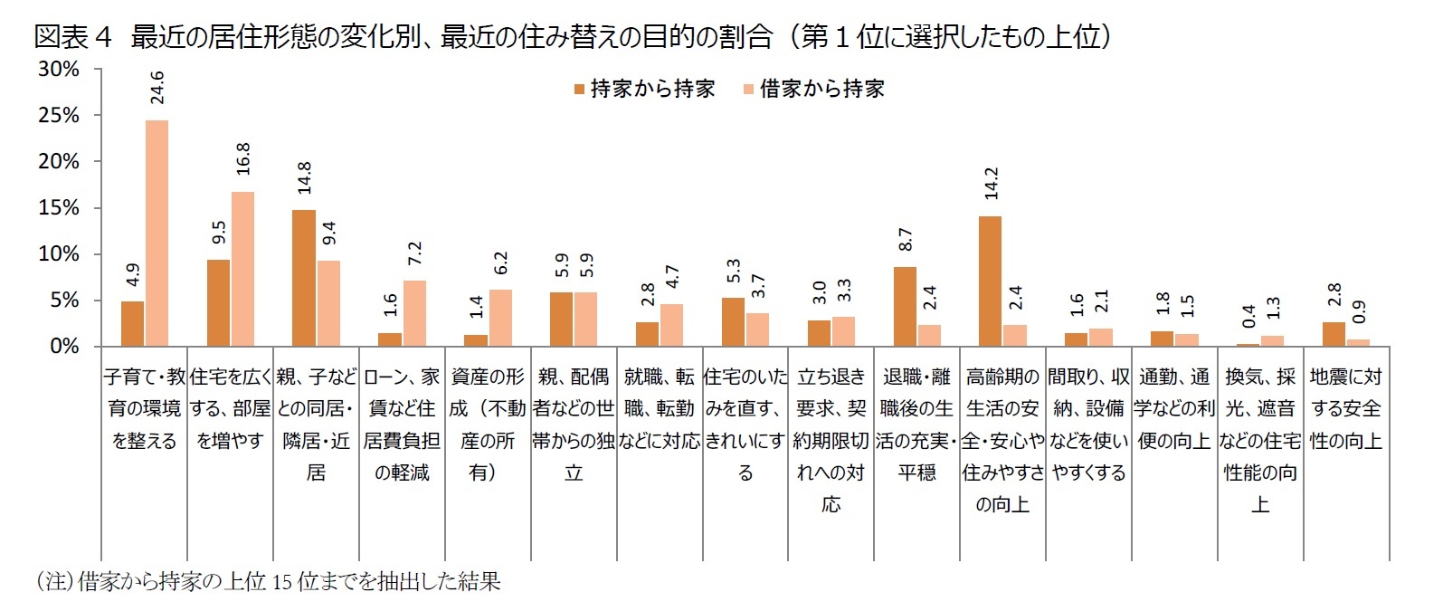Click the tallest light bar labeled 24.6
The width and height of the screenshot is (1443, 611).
coord(157,233)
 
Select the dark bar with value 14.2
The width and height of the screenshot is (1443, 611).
coord(990,281)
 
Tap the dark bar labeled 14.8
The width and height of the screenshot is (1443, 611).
coord(304,278)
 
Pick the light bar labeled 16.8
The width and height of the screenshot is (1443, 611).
coord(242,269)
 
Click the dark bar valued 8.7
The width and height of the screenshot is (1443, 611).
coord(905,306)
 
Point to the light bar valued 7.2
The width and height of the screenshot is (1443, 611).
coord(414,313)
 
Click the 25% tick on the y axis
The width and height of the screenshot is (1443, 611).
coord(59,116)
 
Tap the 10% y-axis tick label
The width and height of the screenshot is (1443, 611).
coord(59,254)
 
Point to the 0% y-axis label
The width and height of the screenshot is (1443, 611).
coord(64,347)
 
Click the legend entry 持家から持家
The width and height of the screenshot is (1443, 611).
coord(643,89)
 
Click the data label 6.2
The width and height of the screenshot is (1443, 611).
coord(500,263)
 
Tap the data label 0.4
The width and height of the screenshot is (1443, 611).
coord(1248,316)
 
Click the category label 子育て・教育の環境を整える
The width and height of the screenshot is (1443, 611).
coord(144,408)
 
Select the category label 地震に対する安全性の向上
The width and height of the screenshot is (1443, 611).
coord(1346,408)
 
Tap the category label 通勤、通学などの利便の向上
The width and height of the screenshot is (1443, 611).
coord(1174,408)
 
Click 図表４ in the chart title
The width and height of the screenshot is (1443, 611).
coord(72,36)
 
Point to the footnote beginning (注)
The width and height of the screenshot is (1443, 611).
coord(267,581)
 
